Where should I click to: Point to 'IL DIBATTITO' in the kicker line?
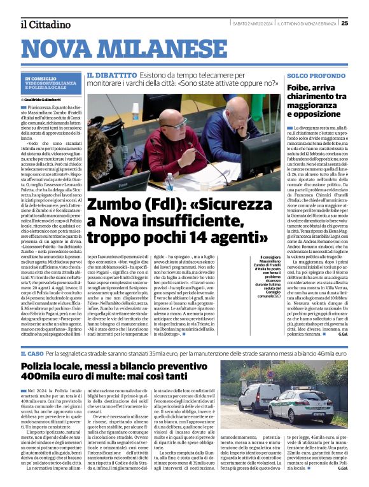click(x=112, y=75)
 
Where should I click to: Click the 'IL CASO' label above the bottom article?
click(x=31, y=353)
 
